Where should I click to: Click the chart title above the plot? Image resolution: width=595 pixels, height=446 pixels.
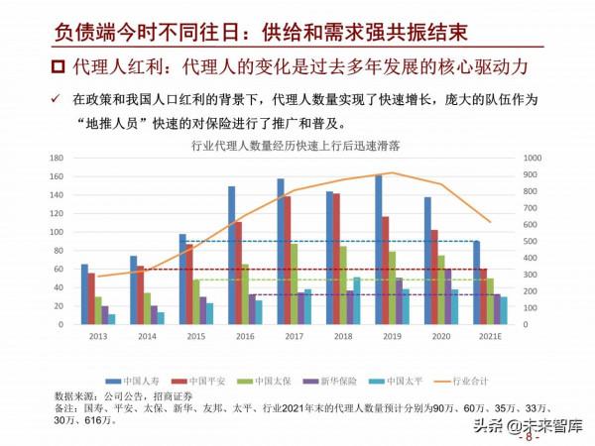[x=297, y=146]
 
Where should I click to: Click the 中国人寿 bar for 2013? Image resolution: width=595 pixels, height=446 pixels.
[x=84, y=294]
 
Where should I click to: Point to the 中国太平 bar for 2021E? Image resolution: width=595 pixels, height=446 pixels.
[x=503, y=310]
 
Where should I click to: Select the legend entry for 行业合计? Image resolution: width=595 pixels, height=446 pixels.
[x=468, y=380]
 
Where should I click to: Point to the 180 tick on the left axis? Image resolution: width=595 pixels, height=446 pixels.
[x=57, y=158]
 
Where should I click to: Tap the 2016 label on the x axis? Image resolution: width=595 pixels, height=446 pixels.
[x=244, y=337]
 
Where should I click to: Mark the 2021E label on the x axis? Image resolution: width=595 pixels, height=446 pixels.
[x=490, y=337]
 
